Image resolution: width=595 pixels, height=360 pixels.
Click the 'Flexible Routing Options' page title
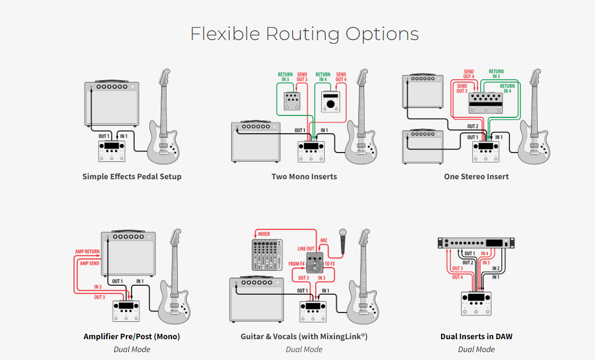point(304,34)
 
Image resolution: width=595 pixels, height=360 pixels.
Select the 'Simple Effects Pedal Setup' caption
point(132,176)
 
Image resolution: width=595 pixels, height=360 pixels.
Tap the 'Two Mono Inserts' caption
point(304,176)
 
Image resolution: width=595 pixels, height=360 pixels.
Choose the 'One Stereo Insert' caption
point(476,176)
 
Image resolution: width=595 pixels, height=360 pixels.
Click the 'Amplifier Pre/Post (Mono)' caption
point(132,336)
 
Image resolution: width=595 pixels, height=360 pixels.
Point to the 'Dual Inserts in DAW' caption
point(476,336)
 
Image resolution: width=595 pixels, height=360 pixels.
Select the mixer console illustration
point(267,255)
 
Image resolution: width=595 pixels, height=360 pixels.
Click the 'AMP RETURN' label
point(88,252)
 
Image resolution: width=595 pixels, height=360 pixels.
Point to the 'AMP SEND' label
point(90,263)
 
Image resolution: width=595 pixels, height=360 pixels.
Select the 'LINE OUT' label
point(306,249)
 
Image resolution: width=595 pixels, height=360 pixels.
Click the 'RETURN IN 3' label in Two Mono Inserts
point(285,77)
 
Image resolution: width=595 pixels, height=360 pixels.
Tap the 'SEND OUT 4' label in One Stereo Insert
point(469,74)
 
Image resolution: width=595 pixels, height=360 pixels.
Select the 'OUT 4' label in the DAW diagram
point(457,277)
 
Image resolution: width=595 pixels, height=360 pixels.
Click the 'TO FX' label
point(330,264)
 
